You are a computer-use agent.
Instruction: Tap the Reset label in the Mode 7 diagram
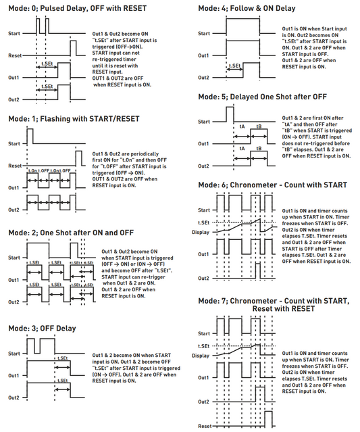205,427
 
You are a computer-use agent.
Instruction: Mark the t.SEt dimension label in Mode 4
236,66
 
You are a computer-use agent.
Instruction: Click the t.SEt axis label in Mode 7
201,344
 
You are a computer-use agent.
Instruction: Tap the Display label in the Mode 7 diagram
201,355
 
